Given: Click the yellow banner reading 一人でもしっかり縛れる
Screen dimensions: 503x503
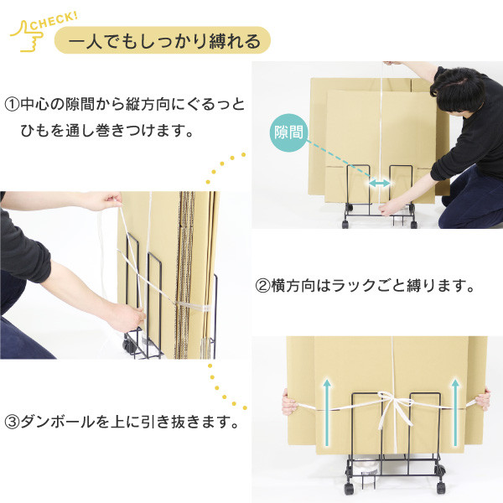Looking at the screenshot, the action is pyautogui.click(x=163, y=40).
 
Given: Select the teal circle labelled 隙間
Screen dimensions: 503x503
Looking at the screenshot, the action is pyautogui.click(x=288, y=132).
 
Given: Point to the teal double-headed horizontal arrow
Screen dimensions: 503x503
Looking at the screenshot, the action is pyautogui.click(x=380, y=183).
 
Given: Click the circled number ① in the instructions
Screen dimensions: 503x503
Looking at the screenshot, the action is pyautogui.click(x=12, y=106).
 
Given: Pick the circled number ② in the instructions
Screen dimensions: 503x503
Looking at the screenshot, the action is pyautogui.click(x=262, y=286).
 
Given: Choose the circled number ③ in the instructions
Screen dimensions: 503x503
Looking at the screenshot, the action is pyautogui.click(x=12, y=423).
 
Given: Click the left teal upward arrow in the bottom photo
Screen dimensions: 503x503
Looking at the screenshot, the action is pyautogui.click(x=327, y=412).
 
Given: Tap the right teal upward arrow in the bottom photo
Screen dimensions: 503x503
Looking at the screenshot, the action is pyautogui.click(x=455, y=412).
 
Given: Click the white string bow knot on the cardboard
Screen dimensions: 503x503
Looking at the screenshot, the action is pyautogui.click(x=394, y=405).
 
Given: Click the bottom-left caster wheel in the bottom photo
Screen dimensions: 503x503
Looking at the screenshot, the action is pyautogui.click(x=350, y=488).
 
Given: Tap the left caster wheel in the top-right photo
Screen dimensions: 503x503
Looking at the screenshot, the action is pyautogui.click(x=345, y=223).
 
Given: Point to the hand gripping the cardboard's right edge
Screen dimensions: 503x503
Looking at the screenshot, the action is pyautogui.click(x=483, y=399).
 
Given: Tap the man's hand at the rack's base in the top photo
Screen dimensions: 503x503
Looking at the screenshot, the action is pyautogui.click(x=389, y=208).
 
